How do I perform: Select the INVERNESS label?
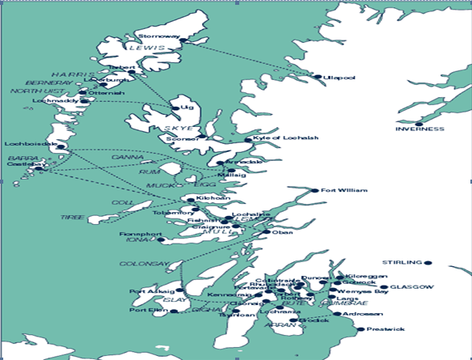click(419, 129)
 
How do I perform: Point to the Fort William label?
click(339, 191)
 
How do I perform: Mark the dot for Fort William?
click(315, 191)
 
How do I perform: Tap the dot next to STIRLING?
click(428, 262)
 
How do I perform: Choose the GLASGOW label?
click(412, 287)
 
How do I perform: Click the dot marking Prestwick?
click(360, 329)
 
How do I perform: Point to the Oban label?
click(283, 233)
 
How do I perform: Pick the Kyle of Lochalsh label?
click(285, 138)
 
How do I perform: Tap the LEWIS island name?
click(159, 49)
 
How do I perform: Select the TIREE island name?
click(72, 217)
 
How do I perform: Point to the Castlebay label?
click(23, 164)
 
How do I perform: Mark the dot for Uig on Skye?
click(175, 108)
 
